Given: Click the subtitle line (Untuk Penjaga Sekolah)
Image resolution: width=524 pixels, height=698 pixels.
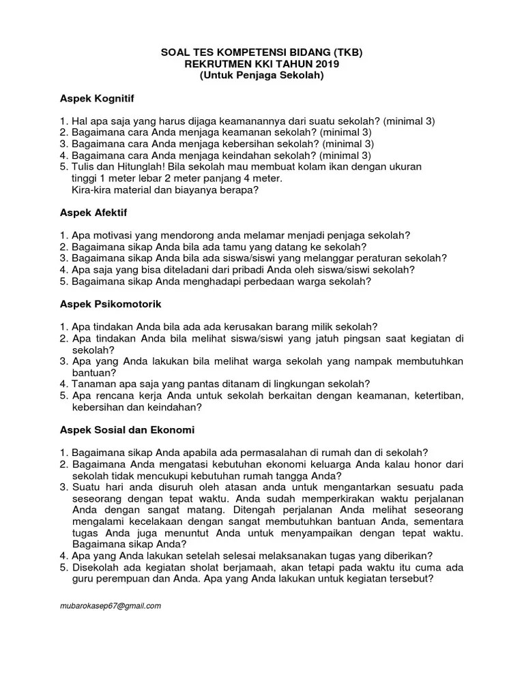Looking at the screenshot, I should point(261,75).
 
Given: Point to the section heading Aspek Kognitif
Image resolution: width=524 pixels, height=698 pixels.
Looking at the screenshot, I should point(96,99).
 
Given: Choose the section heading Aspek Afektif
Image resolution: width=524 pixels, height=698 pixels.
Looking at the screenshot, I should point(93,213).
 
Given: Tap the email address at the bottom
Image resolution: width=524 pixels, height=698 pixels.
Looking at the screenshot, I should point(110,605).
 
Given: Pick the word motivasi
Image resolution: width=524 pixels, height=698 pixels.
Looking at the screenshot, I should point(117,235).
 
